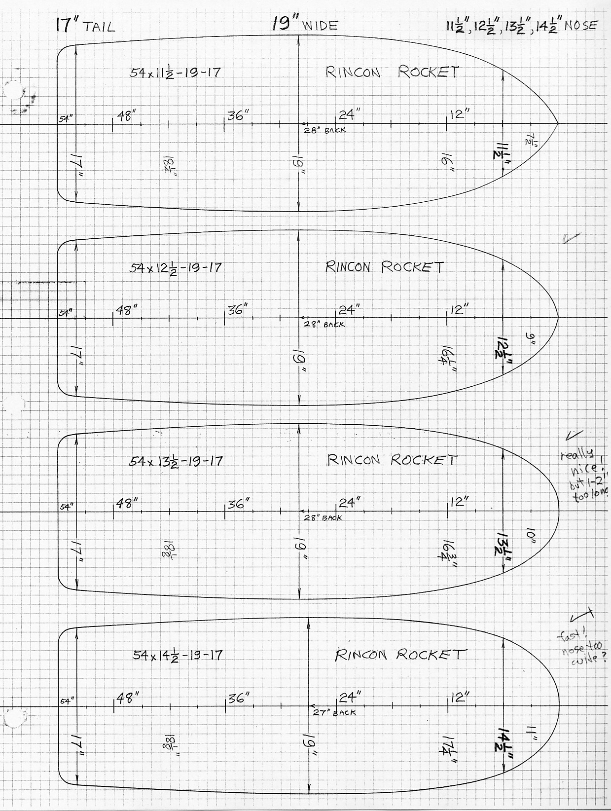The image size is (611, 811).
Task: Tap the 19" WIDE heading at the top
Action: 305,25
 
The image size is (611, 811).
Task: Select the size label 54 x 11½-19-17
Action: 175,73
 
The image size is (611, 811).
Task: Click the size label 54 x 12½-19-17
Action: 176,267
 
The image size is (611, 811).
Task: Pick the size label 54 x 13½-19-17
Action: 176,461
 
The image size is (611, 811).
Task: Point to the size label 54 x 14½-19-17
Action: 178,655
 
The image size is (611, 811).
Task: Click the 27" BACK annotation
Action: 334,712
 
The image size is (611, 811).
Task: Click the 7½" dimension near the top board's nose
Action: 531,140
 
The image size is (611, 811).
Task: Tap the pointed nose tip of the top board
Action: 558,123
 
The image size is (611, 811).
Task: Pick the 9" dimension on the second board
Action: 532,339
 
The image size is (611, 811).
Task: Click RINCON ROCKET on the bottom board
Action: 400,655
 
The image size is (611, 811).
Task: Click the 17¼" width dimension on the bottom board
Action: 449,742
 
